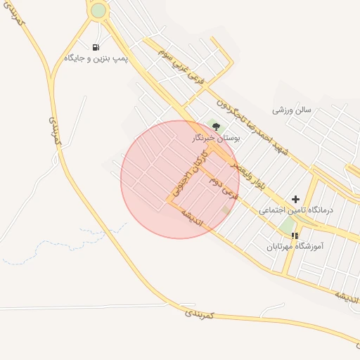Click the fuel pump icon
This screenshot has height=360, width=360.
pyautogui.click(x=96, y=47)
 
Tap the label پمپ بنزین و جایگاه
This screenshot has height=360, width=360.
pyautogui.click(x=96, y=58)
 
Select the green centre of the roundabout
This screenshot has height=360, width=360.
pyautogui.click(x=98, y=11)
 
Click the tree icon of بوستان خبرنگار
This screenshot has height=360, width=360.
pyautogui.click(x=216, y=127)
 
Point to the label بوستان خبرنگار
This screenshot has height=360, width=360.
pyautogui.click(x=217, y=139)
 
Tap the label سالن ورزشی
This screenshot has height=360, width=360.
pyautogui.click(x=292, y=110)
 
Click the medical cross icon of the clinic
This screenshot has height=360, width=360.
pyautogui.click(x=295, y=200)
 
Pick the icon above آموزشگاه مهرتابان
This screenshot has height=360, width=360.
pyautogui.click(x=295, y=236)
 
